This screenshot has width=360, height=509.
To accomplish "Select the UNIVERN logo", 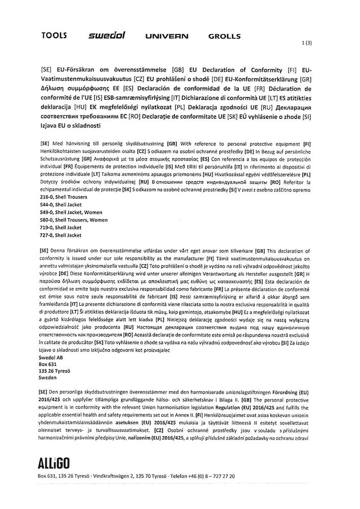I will pyautogui.click(x=167, y=37).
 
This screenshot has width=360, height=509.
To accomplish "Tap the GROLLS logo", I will pyautogui.click(x=225, y=37).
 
